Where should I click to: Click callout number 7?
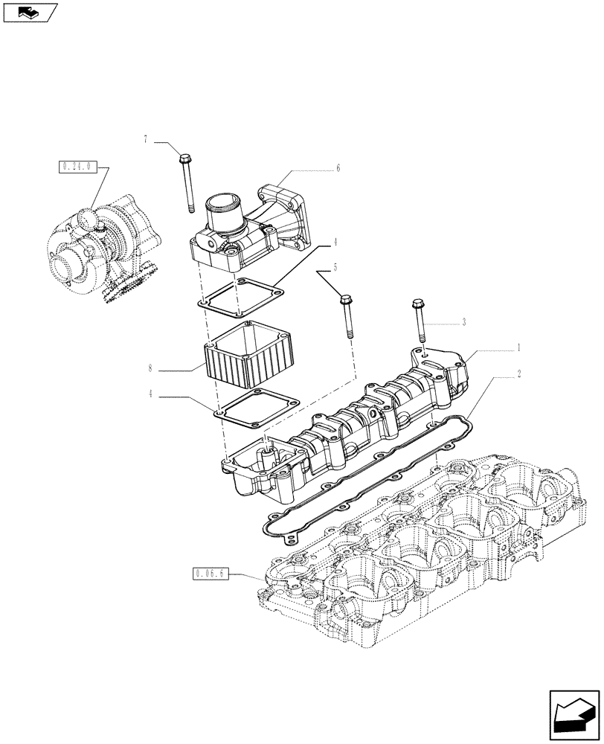pyautogui.click(x=147, y=139)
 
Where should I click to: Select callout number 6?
pyautogui.click(x=338, y=169)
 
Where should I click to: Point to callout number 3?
pyautogui.click(x=463, y=323)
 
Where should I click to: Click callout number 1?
pyautogui.click(x=518, y=347)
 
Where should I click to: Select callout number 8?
pyautogui.click(x=150, y=368)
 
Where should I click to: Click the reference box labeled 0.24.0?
pyautogui.click(x=76, y=167)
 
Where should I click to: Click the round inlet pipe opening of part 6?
pyautogui.click(x=225, y=203)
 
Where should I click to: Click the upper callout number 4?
pyautogui.click(x=335, y=242)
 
